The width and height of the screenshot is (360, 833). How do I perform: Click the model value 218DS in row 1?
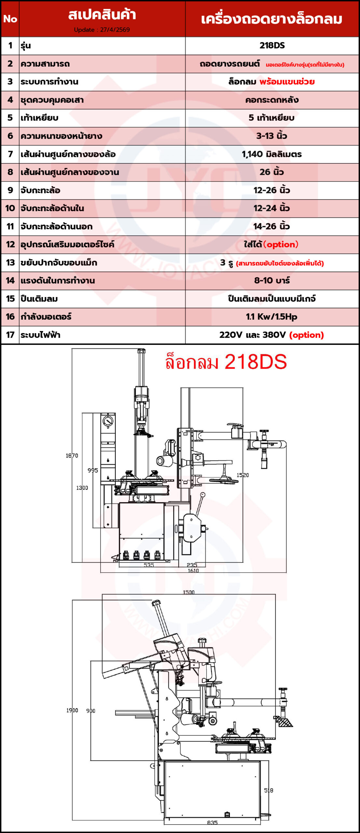(x=272, y=46)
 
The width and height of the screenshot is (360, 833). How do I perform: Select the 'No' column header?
(x=10, y=19)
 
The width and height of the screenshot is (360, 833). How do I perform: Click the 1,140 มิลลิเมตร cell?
(x=272, y=154)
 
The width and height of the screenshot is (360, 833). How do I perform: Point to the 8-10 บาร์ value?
(x=272, y=280)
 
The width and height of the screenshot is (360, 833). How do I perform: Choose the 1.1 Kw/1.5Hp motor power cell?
(x=272, y=317)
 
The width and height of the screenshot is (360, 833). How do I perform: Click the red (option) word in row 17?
(x=306, y=335)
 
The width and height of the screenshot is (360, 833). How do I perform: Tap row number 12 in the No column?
(x=10, y=244)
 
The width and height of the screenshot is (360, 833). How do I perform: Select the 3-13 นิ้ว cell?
(x=272, y=136)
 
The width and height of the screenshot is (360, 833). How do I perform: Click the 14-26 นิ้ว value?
(x=272, y=226)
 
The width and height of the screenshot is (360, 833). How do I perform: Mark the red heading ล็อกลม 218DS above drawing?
(x=226, y=362)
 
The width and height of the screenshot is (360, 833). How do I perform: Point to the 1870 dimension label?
(x=72, y=456)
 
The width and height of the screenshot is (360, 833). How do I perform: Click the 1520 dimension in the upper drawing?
(x=243, y=475)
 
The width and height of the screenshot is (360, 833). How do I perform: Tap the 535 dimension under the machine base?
(x=149, y=565)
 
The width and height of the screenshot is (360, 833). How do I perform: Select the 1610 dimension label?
(x=193, y=570)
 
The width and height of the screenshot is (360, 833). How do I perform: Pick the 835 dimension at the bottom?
(x=212, y=823)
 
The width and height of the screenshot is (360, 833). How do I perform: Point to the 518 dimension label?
(x=269, y=790)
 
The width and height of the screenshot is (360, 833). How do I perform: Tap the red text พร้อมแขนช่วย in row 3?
(x=287, y=82)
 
